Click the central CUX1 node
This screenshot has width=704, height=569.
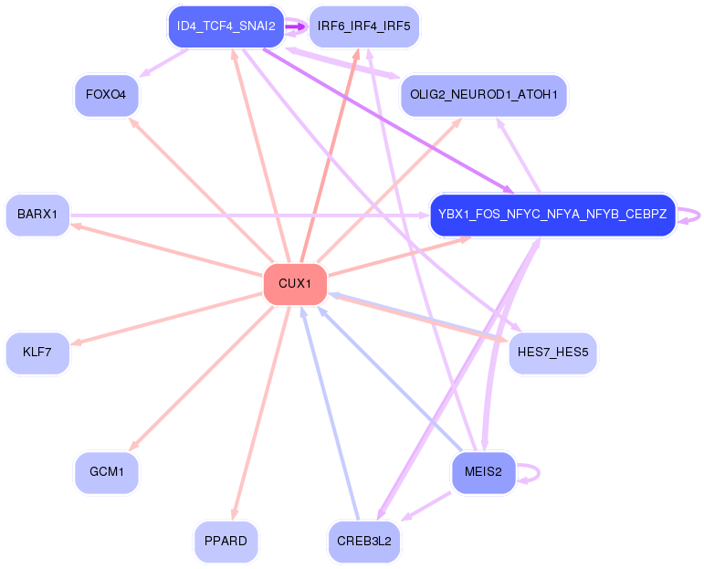(295, 284)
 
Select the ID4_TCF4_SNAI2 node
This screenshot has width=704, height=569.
(226, 26)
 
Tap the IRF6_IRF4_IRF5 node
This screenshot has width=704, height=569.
(363, 26)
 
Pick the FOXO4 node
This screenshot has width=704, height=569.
(107, 95)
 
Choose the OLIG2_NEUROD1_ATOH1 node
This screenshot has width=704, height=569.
(484, 95)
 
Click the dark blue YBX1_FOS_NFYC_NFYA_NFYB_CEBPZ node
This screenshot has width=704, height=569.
(552, 215)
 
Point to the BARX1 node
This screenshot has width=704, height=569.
(37, 215)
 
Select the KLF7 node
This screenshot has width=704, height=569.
(37, 353)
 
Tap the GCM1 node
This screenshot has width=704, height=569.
(107, 472)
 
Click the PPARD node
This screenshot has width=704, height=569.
(226, 542)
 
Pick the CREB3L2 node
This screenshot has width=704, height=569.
(363, 542)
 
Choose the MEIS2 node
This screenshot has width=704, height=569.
(484, 472)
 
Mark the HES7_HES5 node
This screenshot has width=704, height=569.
(552, 353)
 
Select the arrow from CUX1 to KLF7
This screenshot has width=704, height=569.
(166, 319)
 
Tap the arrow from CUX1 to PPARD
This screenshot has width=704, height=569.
(261, 413)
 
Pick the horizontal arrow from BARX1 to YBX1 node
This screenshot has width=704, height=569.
(250, 216)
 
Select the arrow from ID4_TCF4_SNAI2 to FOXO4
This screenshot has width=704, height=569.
(163, 63)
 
